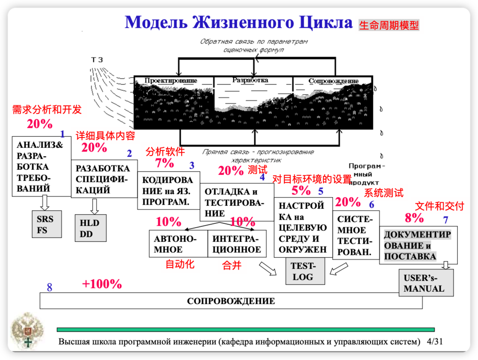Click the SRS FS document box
[45, 224]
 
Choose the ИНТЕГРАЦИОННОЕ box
[237, 244]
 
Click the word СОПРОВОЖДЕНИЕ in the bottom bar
[231, 301]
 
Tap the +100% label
[102, 284]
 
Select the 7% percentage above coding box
[164, 163]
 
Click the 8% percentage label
[414, 218]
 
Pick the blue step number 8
[49, 287]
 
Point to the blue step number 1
[62, 134]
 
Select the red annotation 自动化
[180, 264]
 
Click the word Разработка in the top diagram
[250, 80]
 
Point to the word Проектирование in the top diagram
[171, 80]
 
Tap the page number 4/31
[435, 342]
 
